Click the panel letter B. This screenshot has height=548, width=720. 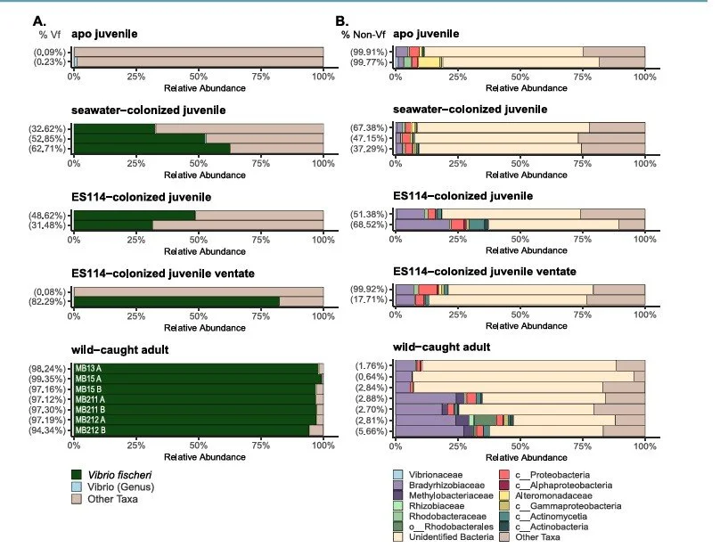[341, 20]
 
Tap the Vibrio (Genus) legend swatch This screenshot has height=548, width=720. [79, 487]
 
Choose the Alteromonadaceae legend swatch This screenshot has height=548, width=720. [503, 498]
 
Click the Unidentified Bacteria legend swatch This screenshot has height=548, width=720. [399, 536]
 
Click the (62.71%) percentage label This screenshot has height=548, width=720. [52, 149]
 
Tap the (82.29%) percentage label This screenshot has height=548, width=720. [52, 302]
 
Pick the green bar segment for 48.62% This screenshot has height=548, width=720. [134, 215]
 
